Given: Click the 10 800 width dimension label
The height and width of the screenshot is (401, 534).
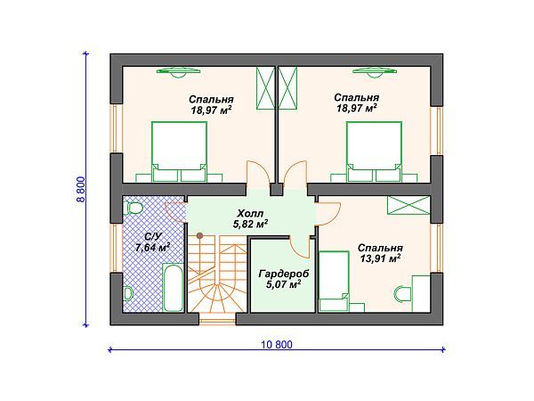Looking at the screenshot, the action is [277, 345].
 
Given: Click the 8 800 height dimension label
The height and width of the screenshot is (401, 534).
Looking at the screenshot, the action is [81, 190].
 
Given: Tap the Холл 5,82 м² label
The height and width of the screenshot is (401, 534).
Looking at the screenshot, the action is [250, 218].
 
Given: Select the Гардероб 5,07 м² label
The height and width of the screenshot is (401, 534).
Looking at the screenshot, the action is [279, 279].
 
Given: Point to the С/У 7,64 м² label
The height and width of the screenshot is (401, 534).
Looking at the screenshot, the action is [152, 242].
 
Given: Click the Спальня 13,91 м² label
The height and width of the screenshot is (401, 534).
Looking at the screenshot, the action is [380, 253].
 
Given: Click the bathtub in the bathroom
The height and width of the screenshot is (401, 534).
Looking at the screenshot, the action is [173, 287].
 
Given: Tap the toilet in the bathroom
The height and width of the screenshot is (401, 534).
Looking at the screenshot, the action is [133, 208].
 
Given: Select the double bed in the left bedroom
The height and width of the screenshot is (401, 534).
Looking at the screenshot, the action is [179, 151].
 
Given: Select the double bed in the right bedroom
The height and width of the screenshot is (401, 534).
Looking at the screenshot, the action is [374, 151].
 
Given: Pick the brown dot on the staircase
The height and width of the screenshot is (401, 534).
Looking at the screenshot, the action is [200, 235].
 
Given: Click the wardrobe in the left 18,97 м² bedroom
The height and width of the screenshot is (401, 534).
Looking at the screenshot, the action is [265, 88].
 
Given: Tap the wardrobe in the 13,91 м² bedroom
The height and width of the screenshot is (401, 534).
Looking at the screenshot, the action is [409, 205].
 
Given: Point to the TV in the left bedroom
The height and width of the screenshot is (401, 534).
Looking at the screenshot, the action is [178, 72].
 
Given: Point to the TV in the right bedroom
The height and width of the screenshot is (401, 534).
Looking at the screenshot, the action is [375, 72].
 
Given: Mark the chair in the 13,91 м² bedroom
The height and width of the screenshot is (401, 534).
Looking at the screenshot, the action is [402, 293].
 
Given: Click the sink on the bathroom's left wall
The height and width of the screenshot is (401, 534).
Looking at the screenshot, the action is [127, 293].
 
